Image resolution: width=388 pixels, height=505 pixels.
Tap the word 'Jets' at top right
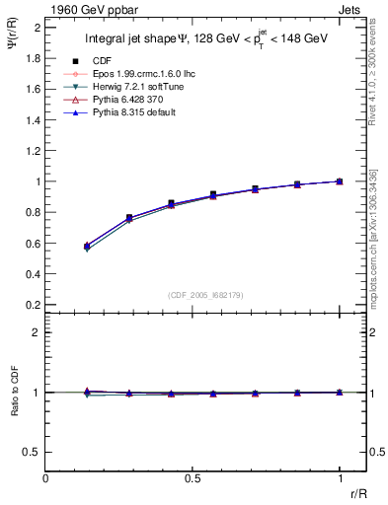(x=350, y=8)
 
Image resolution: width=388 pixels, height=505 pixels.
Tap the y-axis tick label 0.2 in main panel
(x=32, y=305)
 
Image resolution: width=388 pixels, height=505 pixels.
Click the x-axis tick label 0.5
(x=193, y=478)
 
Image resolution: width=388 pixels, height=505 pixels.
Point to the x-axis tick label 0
(x=45, y=478)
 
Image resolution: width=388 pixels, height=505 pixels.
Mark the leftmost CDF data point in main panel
(x=87, y=246)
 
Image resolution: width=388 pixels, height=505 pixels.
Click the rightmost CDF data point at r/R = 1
(x=340, y=181)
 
